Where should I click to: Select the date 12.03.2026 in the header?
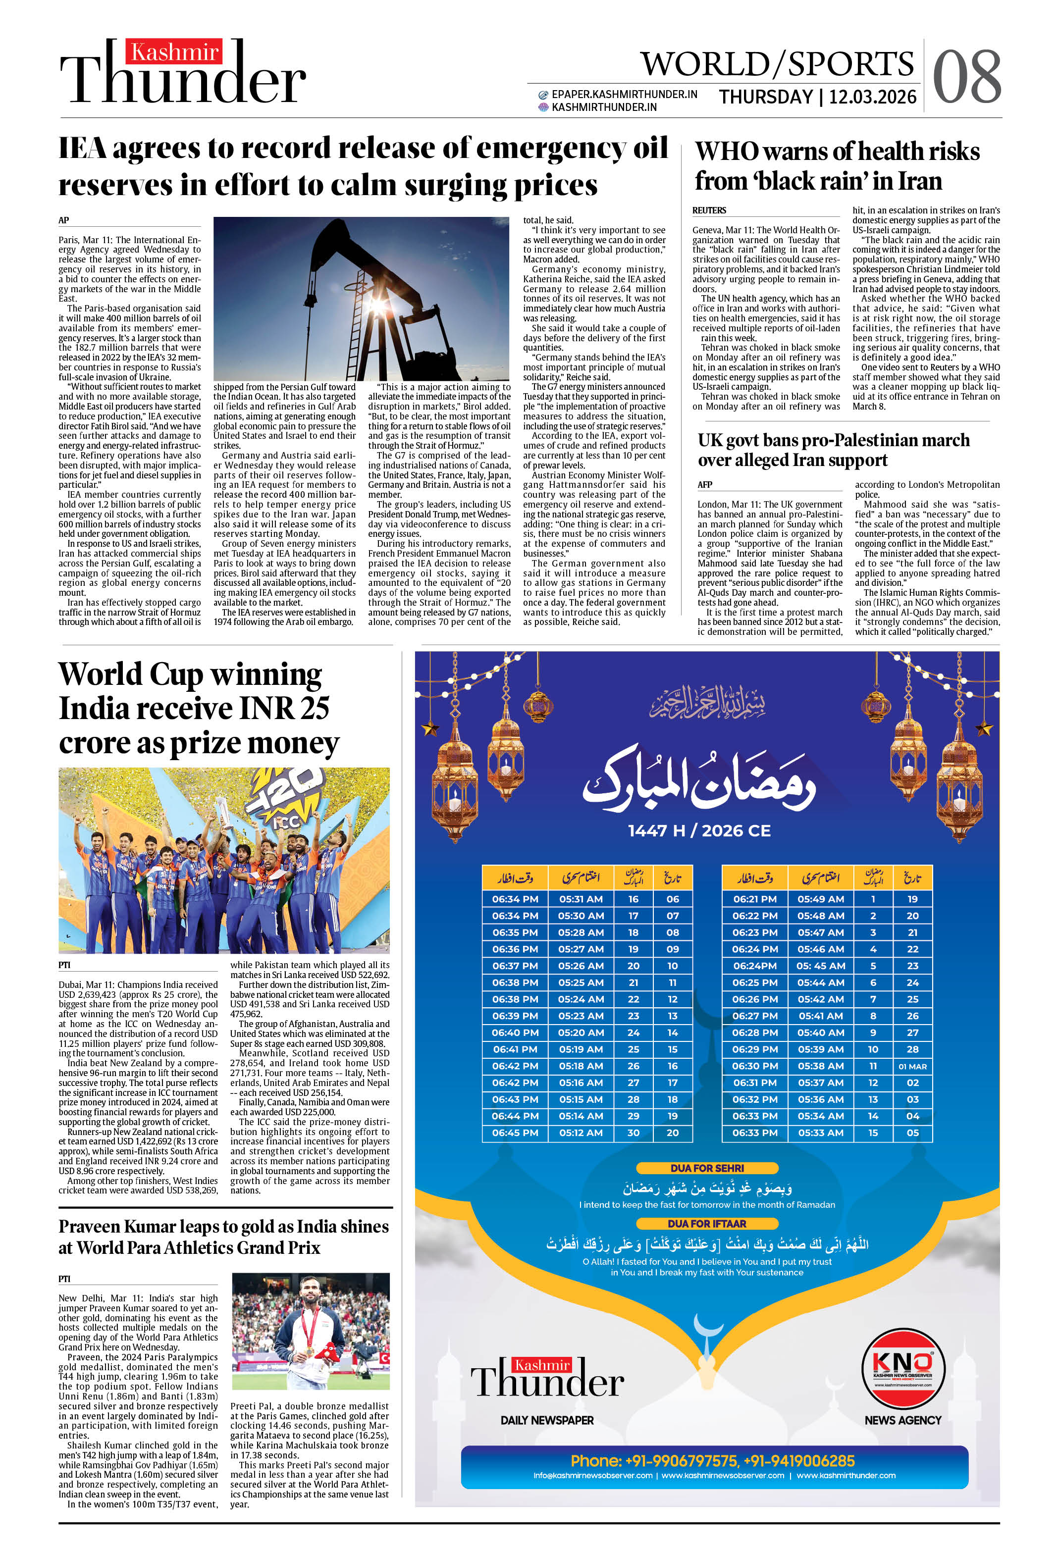pos(872,98)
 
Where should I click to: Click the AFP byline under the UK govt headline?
pos(705,484)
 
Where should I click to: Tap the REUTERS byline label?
pos(709,210)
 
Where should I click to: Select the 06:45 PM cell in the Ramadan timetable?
pos(515,1133)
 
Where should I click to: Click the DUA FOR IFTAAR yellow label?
pos(707,1223)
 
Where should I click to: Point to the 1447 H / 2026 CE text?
pos(699,830)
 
